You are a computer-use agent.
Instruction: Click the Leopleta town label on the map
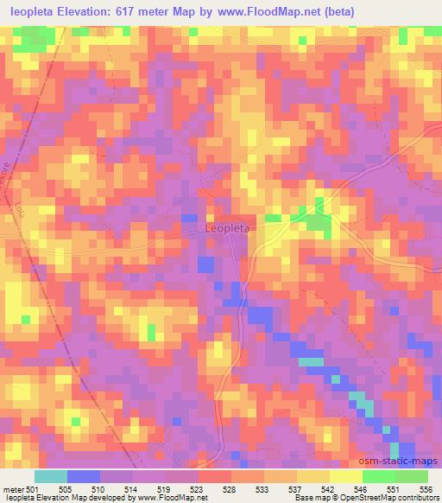click(228, 228)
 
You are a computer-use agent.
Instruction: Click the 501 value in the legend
click(33, 488)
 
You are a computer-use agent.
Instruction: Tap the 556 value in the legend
click(426, 488)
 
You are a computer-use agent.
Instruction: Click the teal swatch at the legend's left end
click(51, 476)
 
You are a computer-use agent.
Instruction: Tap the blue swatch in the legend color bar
click(84, 476)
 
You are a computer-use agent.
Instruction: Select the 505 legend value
click(66, 488)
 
